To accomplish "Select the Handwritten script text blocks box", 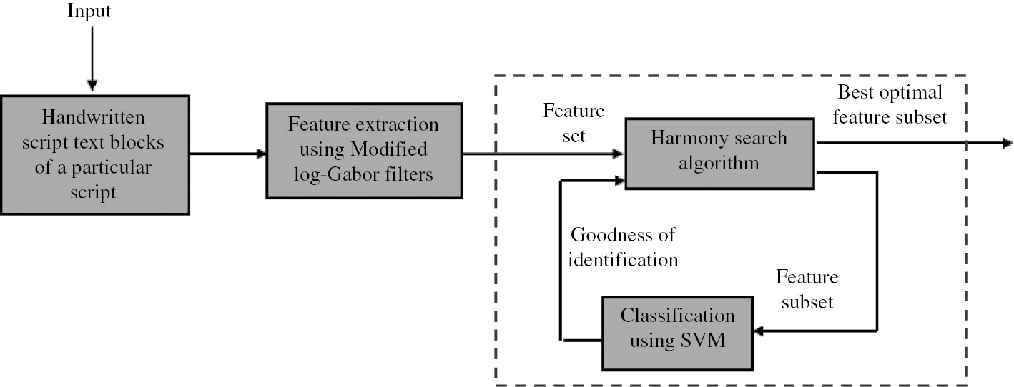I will pyautogui.click(x=94, y=154).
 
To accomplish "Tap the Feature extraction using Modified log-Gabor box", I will pyautogui.click(x=363, y=150).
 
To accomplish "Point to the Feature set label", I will pyautogui.click(x=574, y=123).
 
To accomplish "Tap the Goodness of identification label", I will pyautogui.click(x=623, y=247).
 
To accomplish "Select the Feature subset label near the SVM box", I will pyautogui.click(x=807, y=289).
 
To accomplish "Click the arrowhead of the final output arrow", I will pyautogui.click(x=1007, y=143).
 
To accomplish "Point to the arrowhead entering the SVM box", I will pyautogui.click(x=761, y=331).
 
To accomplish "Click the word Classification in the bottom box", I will pyautogui.click(x=677, y=316).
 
